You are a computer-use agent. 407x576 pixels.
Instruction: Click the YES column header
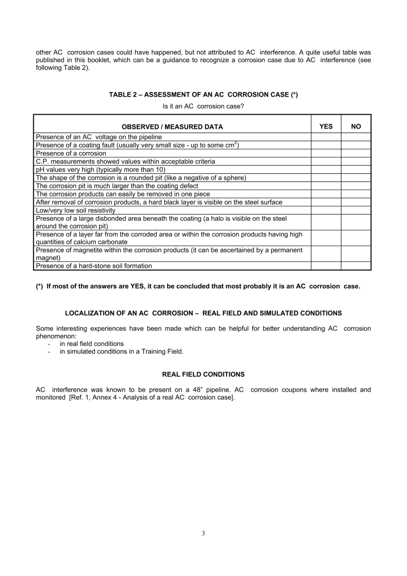pyautogui.click(x=326, y=126)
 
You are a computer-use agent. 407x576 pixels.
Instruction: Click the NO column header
pyautogui.click(x=356, y=126)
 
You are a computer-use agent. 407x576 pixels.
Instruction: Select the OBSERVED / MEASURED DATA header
pyautogui.click(x=172, y=127)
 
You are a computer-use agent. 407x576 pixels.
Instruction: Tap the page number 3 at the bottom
pyautogui.click(x=203, y=534)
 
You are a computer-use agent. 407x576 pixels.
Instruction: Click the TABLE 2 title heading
pyautogui.click(x=203, y=95)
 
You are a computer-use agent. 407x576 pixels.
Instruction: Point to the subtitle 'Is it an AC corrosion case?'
pyautogui.click(x=203, y=106)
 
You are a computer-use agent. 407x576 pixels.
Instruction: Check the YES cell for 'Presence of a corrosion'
pyautogui.click(x=326, y=153)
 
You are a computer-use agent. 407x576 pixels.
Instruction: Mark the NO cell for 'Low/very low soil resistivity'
pyautogui.click(x=356, y=210)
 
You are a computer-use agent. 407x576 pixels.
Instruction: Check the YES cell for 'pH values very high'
pyautogui.click(x=326, y=170)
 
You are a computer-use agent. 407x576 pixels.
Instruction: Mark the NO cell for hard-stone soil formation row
pyautogui.click(x=356, y=266)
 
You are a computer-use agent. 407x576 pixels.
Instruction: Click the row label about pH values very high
pyautogui.click(x=100, y=170)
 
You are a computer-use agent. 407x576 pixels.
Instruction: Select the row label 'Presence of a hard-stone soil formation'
pyautogui.click(x=94, y=266)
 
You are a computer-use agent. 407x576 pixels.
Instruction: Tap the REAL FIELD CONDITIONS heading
pyautogui.click(x=203, y=375)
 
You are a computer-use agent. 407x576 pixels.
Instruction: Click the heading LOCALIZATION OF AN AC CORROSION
pyautogui.click(x=203, y=313)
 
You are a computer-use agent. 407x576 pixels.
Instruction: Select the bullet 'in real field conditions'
pyautogui.click(x=92, y=344)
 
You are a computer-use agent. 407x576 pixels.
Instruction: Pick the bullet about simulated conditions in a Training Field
pyautogui.click(x=121, y=351)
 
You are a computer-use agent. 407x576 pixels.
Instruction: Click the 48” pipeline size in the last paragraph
pyautogui.click(x=196, y=390)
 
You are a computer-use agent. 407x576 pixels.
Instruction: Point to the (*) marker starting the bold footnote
pyautogui.click(x=39, y=286)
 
